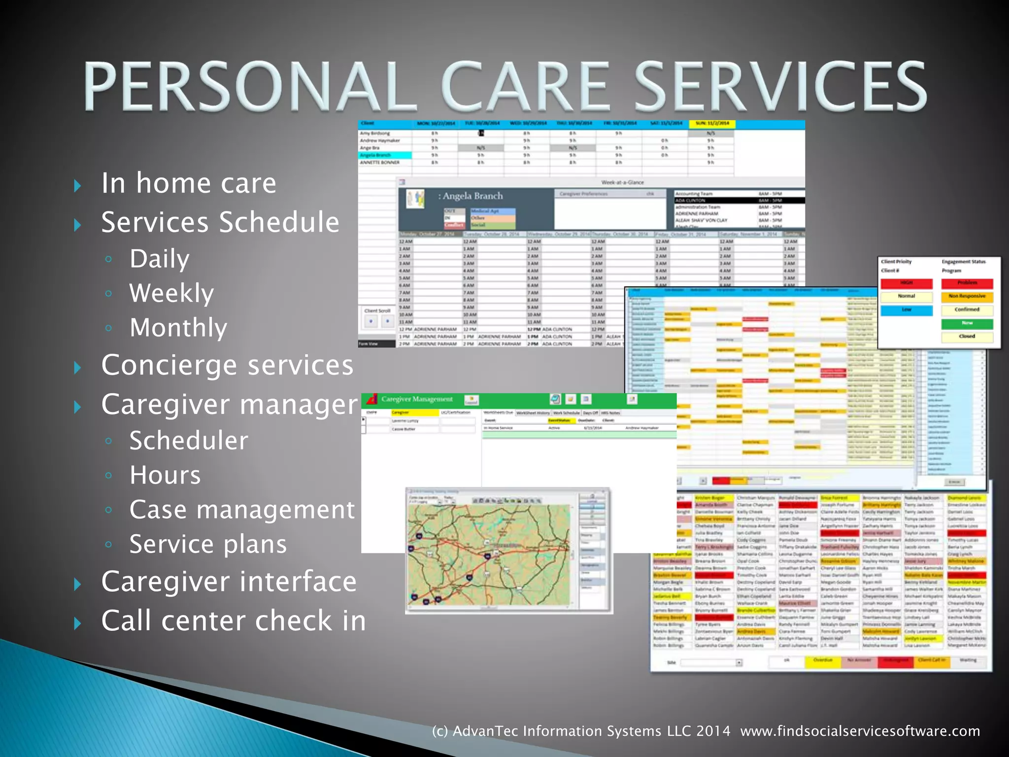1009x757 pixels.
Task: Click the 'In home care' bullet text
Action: (189, 183)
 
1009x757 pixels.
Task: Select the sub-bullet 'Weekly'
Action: (171, 293)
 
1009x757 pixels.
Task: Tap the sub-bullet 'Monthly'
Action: (178, 328)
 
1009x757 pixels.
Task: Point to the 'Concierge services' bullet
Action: (227, 365)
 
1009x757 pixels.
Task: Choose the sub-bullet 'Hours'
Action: (165, 475)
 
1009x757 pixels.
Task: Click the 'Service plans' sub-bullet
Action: (208, 544)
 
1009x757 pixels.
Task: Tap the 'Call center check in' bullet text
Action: (234, 620)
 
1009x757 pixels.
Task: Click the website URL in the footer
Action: (860, 731)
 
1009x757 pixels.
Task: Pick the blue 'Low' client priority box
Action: (907, 310)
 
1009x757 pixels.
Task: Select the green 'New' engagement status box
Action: (967, 323)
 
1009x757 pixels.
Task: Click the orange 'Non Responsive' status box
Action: (967, 297)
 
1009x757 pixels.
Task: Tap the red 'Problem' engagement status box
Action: (967, 283)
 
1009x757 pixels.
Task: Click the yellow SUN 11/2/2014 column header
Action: (711, 124)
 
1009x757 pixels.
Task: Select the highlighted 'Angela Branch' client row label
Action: (385, 155)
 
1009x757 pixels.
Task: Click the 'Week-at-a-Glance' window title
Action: (622, 182)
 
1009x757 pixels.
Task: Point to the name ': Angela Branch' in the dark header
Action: (471, 196)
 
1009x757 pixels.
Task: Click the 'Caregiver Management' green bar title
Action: (417, 399)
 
